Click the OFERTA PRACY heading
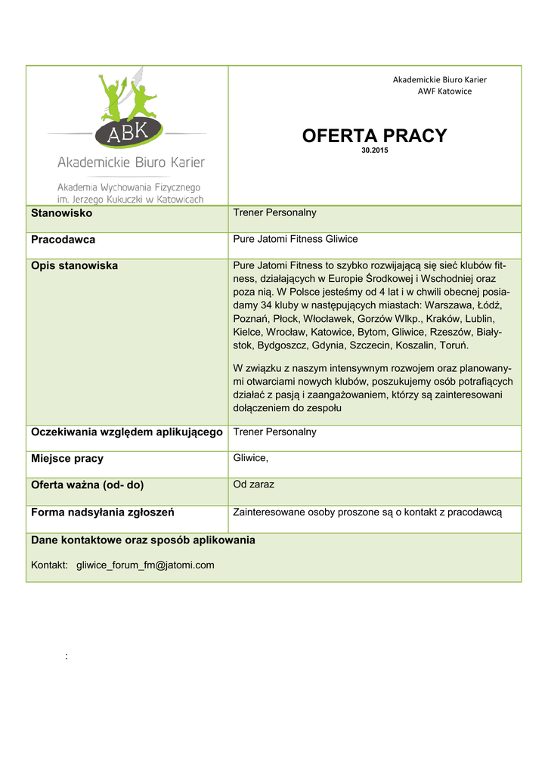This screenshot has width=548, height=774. [x=374, y=136]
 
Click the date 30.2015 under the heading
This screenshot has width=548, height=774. [x=375, y=150]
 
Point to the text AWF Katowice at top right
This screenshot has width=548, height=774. [x=444, y=91]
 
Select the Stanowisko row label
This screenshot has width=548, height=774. [x=61, y=214]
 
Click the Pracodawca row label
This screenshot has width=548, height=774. [x=63, y=240]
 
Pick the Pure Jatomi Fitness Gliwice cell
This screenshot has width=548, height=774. [x=296, y=239]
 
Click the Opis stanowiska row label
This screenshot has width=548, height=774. [x=74, y=266]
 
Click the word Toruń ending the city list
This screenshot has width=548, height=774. [x=454, y=345]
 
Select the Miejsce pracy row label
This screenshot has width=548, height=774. [x=67, y=459]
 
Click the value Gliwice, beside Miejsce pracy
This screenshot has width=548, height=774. [x=251, y=458]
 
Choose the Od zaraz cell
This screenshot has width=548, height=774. [x=253, y=484]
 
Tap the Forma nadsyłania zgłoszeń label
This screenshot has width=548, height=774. [x=103, y=512]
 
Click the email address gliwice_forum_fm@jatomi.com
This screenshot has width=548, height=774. [x=145, y=565]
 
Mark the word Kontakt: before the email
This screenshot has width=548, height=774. [x=50, y=565]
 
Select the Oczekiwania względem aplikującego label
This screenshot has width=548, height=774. [x=126, y=432]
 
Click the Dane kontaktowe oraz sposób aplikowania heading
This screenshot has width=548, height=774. [x=143, y=540]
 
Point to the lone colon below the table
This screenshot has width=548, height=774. [x=67, y=656]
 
